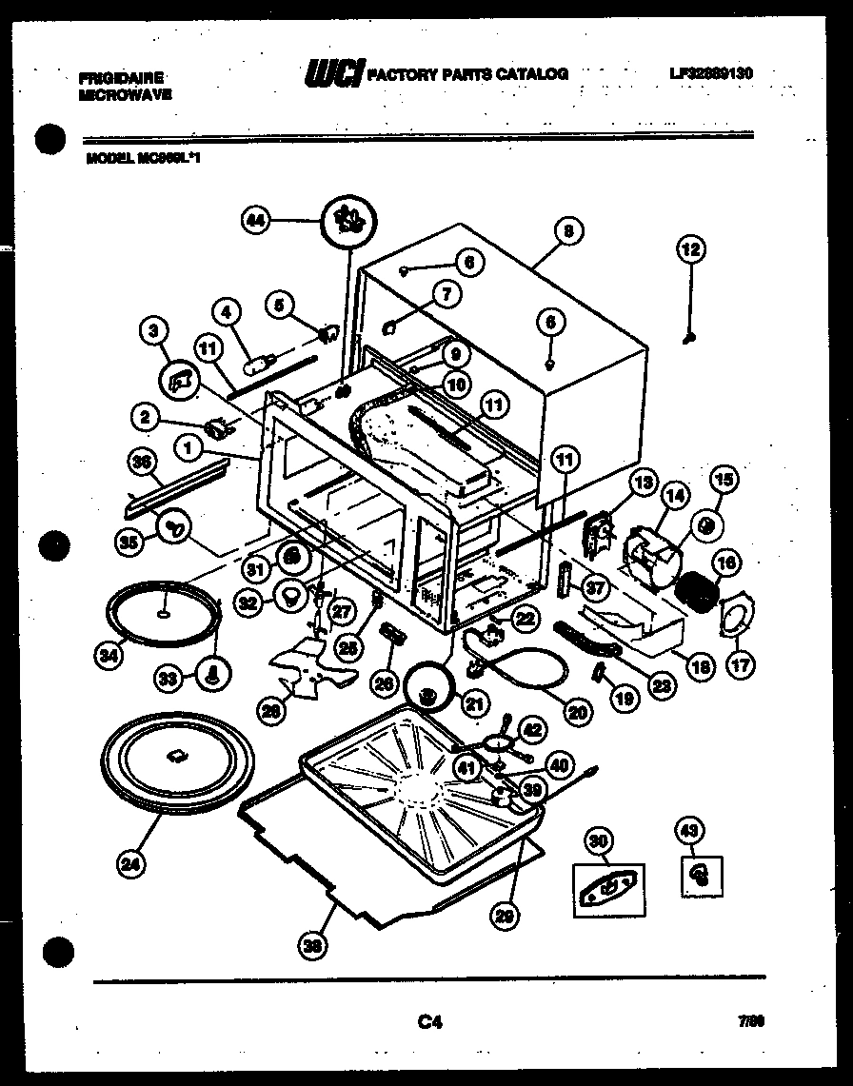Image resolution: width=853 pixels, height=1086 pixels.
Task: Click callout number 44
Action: tap(254, 221)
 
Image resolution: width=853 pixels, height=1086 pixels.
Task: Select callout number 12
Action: tap(690, 250)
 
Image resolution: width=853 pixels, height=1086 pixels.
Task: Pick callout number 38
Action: tap(310, 945)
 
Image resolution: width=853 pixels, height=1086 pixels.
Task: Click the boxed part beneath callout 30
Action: tap(607, 889)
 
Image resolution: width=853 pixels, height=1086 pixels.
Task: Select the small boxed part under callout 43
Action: tap(701, 873)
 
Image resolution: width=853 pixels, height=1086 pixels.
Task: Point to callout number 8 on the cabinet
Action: tap(567, 230)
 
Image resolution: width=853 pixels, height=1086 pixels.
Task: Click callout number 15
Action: tap(725, 482)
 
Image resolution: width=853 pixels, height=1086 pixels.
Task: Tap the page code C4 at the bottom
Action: tap(429, 1023)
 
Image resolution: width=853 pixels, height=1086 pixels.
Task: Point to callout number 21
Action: tap(473, 704)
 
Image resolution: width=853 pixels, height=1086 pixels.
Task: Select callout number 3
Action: tap(153, 331)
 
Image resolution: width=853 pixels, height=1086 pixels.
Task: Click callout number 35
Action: tap(129, 541)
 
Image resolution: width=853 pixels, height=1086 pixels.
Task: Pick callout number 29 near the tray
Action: tap(504, 917)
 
